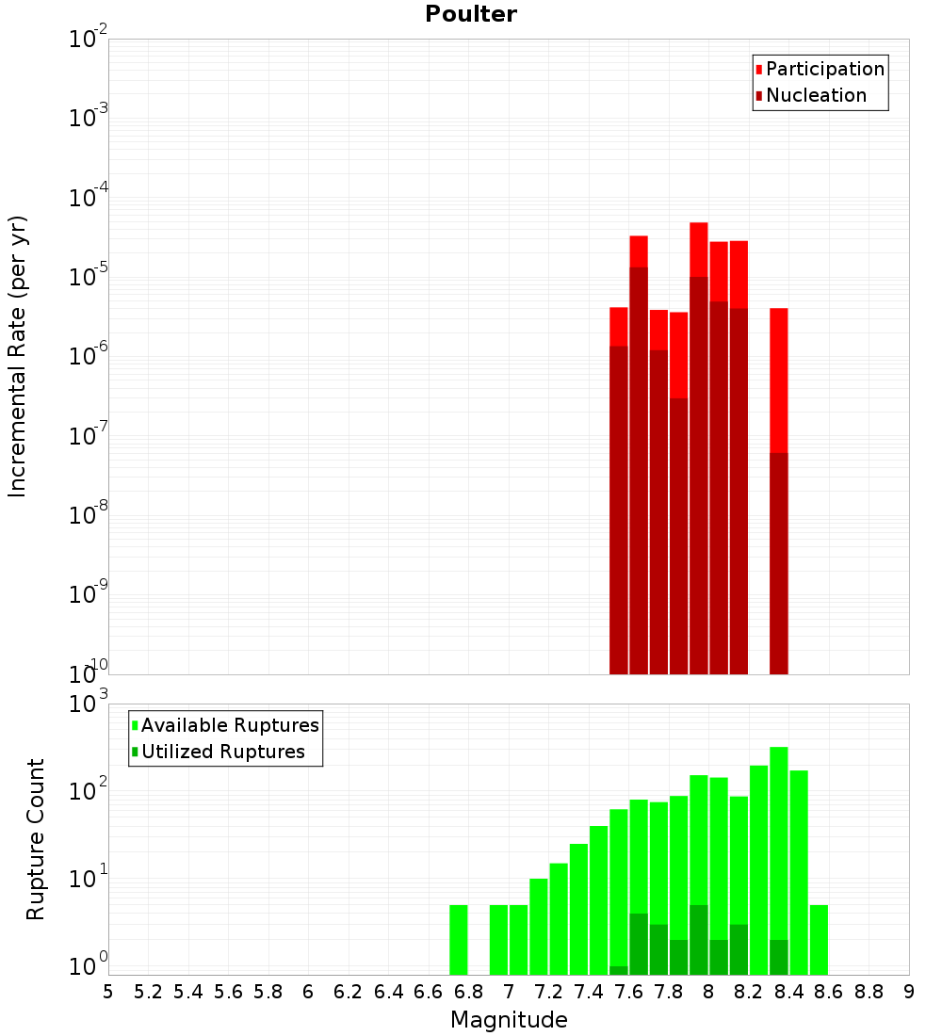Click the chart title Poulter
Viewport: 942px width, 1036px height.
click(x=470, y=14)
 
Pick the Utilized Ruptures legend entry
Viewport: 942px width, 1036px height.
click(x=222, y=753)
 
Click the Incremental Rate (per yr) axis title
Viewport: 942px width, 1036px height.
click(x=18, y=357)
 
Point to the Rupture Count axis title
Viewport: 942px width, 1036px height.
click(x=36, y=839)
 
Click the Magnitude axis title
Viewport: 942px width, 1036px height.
click(x=509, y=1020)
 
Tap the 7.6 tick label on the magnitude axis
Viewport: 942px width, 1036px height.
click(x=628, y=992)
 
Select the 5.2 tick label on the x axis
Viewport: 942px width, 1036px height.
click(x=148, y=992)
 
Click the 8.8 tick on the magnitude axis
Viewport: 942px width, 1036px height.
click(x=869, y=992)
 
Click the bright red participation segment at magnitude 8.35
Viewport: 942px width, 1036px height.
click(x=779, y=377)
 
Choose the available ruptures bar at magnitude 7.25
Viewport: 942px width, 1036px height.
click(x=559, y=918)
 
